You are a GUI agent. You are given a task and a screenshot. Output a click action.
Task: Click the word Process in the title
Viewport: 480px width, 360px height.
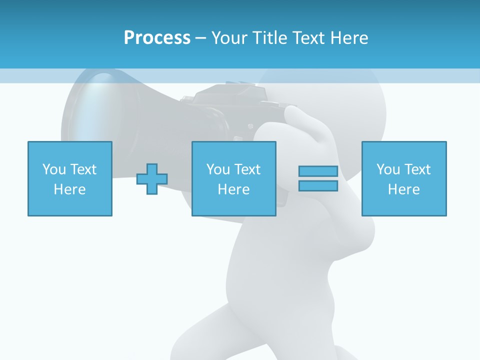(157, 38)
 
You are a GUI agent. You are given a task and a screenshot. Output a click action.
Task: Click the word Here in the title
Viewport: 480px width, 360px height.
(349, 38)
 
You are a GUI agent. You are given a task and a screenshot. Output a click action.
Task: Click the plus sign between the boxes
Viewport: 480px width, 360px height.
(152, 179)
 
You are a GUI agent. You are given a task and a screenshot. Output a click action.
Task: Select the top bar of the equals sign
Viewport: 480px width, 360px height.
(318, 171)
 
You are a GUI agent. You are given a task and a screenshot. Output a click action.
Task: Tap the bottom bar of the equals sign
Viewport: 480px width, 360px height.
(318, 186)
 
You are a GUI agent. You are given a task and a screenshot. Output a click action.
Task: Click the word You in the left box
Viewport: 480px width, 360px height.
(54, 169)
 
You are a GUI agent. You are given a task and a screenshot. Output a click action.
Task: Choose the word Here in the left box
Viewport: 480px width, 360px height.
(69, 189)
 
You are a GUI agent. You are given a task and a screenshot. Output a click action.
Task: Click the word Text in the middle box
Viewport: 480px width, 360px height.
(247, 169)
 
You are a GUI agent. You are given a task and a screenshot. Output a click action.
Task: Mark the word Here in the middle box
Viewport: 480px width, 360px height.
(233, 189)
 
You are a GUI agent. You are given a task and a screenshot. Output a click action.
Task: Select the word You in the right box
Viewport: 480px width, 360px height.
(388, 169)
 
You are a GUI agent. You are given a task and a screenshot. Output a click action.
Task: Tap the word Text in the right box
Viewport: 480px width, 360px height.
(417, 169)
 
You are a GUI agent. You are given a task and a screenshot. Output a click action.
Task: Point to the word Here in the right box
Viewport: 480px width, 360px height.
(403, 189)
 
